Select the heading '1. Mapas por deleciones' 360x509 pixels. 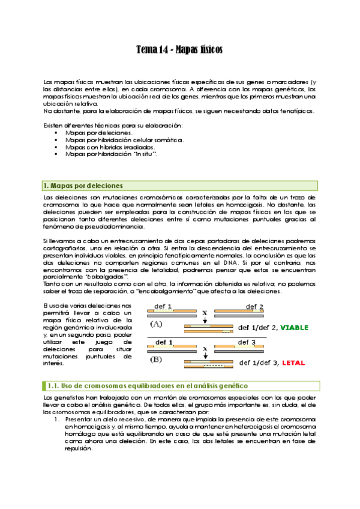pyautogui.click(x=84, y=185)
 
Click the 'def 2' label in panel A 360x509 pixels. pyautogui.click(x=254, y=307)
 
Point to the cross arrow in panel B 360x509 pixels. pyautogui.click(x=205, y=351)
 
